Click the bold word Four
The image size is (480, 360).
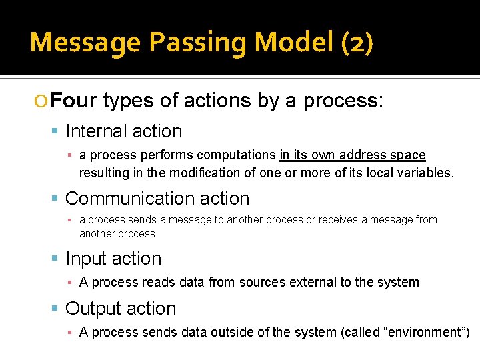tap(74, 101)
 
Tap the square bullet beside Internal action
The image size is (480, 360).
tap(56, 132)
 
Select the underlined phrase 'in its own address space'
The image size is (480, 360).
tap(352, 155)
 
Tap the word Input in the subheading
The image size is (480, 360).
tap(86, 259)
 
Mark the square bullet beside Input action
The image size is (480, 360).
tap(56, 259)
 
